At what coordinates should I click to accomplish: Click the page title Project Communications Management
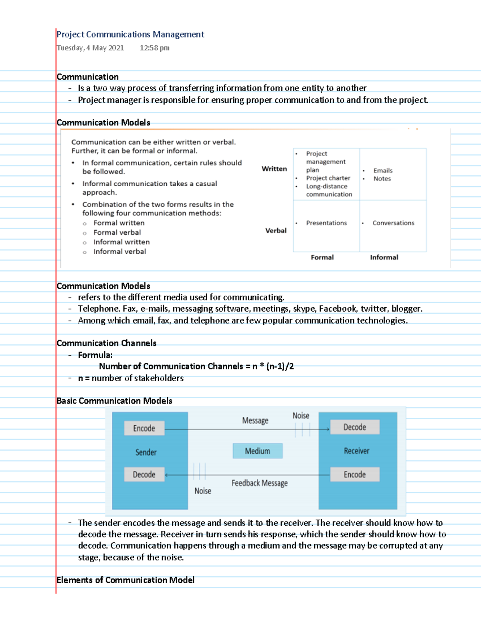pyautogui.click(x=130, y=34)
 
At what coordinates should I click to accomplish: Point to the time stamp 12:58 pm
pyautogui.click(x=154, y=48)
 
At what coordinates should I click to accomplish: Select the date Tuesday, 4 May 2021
pyautogui.click(x=90, y=48)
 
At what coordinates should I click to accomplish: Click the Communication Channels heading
pyautogui.click(x=107, y=343)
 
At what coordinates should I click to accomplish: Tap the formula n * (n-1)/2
pyautogui.click(x=273, y=366)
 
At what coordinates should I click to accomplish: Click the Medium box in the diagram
pyautogui.click(x=258, y=451)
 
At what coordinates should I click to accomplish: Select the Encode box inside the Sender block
pyautogui.click(x=144, y=428)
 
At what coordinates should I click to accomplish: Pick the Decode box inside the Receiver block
pyautogui.click(x=355, y=427)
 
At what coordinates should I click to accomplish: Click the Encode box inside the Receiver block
pyautogui.click(x=355, y=475)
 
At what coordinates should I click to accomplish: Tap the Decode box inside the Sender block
pyautogui.click(x=144, y=475)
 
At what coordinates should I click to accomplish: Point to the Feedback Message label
pyautogui.click(x=259, y=483)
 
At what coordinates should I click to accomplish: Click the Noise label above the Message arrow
pyautogui.click(x=301, y=416)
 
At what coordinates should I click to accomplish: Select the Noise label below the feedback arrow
pyautogui.click(x=203, y=491)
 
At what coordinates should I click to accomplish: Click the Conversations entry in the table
pyautogui.click(x=393, y=223)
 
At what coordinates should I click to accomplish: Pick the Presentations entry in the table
pyautogui.click(x=326, y=223)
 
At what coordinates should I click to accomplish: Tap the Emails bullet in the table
pyautogui.click(x=383, y=171)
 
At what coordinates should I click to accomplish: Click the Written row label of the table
pyautogui.click(x=274, y=169)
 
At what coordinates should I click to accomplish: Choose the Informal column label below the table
pyautogui.click(x=384, y=258)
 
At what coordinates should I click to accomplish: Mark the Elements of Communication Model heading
pyautogui.click(x=125, y=580)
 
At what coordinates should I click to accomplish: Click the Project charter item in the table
pyautogui.click(x=328, y=178)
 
